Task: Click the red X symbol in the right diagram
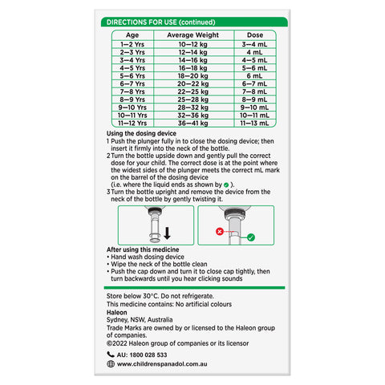[x=220, y=230]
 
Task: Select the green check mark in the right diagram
[x=250, y=237]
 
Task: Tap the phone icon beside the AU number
[x=111, y=354]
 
